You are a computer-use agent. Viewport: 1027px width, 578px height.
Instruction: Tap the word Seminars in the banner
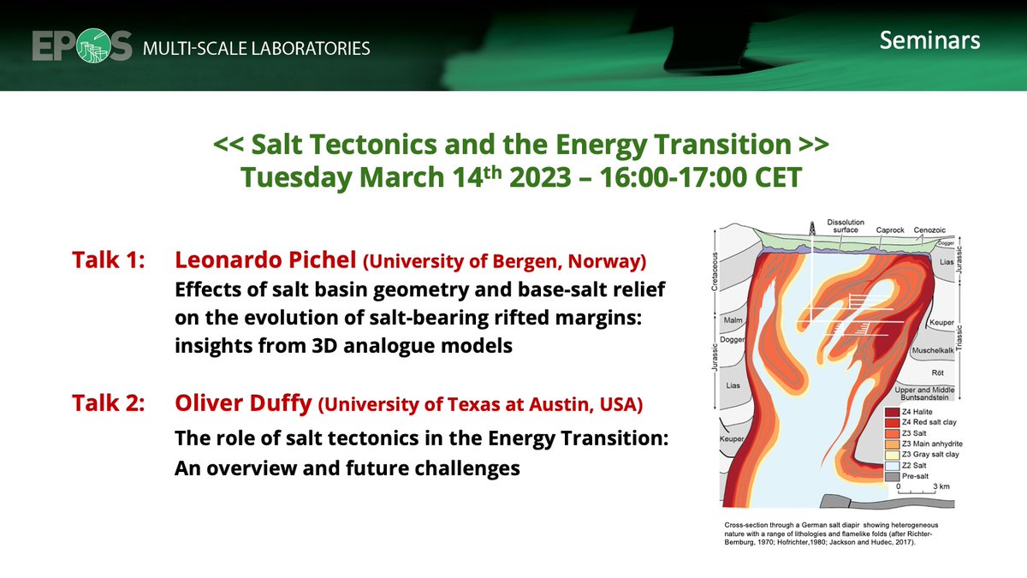click(929, 40)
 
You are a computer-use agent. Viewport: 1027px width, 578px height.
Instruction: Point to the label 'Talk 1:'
click(110, 259)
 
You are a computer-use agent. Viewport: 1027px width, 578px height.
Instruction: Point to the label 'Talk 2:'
click(110, 402)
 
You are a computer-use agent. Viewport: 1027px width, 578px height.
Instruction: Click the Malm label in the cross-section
click(733, 321)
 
